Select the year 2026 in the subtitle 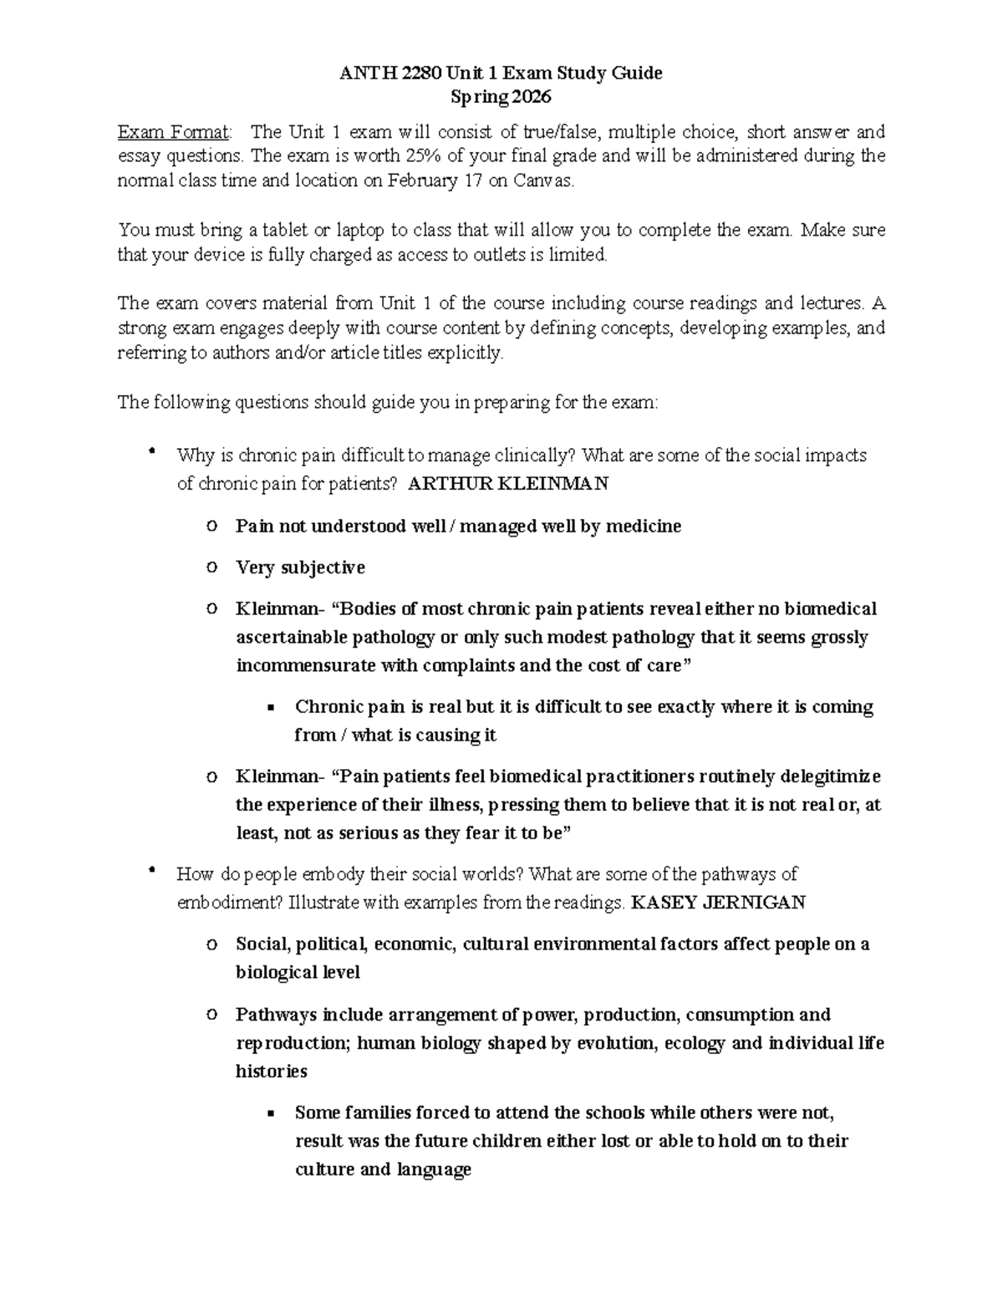point(532,97)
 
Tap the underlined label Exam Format point(173,131)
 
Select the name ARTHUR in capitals point(447,483)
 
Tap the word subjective point(323,568)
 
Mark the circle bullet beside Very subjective point(211,567)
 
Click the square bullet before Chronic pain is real point(270,708)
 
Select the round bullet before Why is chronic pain point(151,453)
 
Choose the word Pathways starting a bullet point(277,1015)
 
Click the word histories point(272,1071)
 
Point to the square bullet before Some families point(270,1114)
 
